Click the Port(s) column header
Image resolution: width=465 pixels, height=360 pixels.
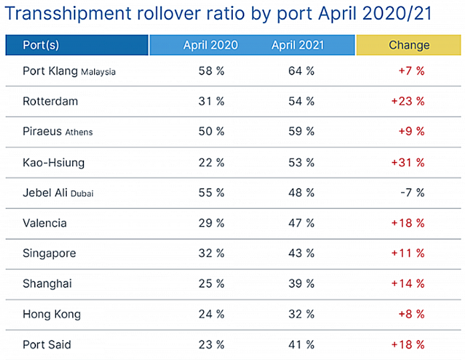pos(41,45)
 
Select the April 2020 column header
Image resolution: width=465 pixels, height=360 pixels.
pos(210,45)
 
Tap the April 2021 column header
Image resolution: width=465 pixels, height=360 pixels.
pos(298,45)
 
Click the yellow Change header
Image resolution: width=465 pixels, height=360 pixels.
pos(409,45)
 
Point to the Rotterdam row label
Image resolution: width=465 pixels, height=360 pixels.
pos(50,101)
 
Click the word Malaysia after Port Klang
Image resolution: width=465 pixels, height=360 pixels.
pos(98,72)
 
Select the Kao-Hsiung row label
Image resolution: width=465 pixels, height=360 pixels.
pos(53,162)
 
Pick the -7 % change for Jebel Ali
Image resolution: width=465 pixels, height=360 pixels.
pos(412,193)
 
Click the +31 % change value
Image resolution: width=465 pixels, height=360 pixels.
pos(409,162)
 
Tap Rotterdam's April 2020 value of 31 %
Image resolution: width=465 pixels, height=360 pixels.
pos(211,101)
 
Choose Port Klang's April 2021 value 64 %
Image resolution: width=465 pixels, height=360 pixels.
pos(301,71)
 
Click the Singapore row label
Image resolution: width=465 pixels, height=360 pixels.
pos(49,253)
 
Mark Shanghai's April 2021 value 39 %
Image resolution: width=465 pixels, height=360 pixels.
pos(301,284)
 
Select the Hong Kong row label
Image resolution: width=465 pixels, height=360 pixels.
pos(51,315)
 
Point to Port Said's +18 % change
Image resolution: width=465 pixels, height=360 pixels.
pos(409,345)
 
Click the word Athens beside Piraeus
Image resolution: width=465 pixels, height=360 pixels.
pos(79,133)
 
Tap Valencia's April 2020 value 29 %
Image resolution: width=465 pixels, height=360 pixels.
pos(211,223)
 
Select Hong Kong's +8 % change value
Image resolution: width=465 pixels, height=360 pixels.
pos(412,315)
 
